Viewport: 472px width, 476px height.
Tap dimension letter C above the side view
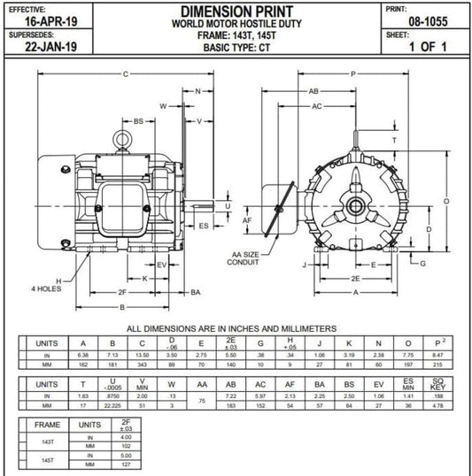click(x=125, y=73)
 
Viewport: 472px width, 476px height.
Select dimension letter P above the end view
click(x=353, y=73)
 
